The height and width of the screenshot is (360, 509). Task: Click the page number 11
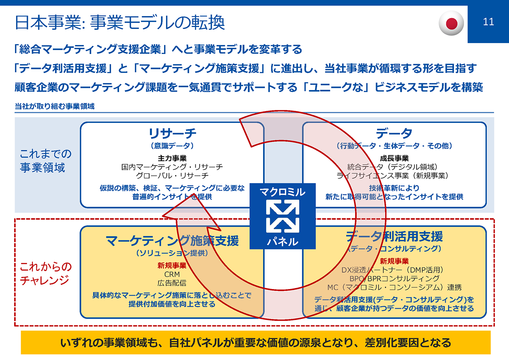(x=489, y=22)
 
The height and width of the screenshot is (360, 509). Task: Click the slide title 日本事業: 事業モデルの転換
(x=119, y=23)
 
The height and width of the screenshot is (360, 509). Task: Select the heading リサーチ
(x=172, y=134)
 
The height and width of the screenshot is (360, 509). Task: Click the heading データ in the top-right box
(x=394, y=134)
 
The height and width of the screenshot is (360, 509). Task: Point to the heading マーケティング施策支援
(x=172, y=241)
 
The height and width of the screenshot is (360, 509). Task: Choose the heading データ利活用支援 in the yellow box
(x=394, y=237)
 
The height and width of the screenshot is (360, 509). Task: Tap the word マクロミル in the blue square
(x=282, y=192)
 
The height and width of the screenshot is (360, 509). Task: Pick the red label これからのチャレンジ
(x=46, y=274)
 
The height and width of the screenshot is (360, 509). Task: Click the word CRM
(x=172, y=274)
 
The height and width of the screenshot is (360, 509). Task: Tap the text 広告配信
(x=172, y=283)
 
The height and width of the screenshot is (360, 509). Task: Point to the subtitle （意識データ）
(x=172, y=146)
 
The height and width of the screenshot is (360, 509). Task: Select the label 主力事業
(x=172, y=158)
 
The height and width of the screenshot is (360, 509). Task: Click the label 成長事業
(x=394, y=158)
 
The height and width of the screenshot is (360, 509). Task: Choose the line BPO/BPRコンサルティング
(x=394, y=278)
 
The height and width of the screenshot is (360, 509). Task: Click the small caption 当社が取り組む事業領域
(x=54, y=106)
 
